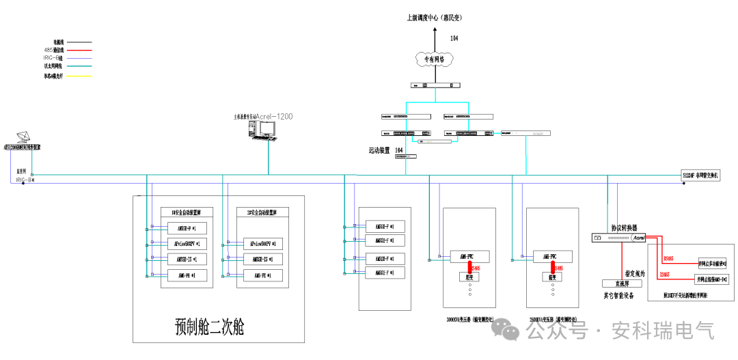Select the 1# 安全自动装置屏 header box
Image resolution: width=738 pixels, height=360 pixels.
click(187, 212)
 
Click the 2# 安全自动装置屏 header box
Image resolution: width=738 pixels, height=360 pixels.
click(262, 212)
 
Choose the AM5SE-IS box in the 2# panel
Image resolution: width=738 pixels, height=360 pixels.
click(262, 259)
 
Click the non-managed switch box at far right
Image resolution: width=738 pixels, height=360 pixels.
click(700, 175)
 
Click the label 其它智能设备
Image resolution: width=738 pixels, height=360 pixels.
click(618, 296)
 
